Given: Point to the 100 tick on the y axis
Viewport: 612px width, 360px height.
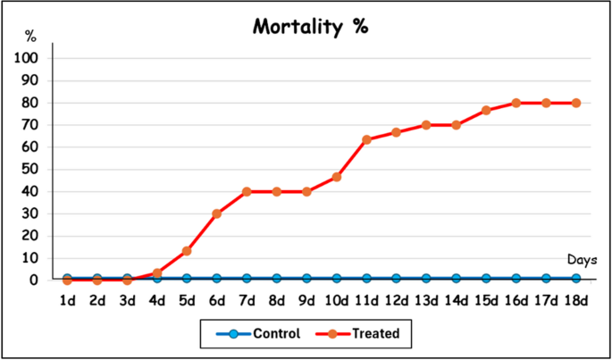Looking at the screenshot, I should coord(27,58).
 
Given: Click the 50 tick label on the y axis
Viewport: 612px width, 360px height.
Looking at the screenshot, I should coord(30,169).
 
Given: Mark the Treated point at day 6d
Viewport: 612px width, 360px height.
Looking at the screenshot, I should coord(216,213).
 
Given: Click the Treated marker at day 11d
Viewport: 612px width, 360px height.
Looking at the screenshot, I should coord(366,139).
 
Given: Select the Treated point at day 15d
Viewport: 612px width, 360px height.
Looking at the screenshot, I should coord(486,111).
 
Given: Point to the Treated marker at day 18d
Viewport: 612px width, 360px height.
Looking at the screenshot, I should coord(576,103).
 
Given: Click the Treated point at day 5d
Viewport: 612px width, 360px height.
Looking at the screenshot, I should coord(187,251).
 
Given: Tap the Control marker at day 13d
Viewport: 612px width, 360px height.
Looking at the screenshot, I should coord(426,279).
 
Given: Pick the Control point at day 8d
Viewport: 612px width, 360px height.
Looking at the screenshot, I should coord(276,279).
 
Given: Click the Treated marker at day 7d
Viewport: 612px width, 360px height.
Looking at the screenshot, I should coord(247,191).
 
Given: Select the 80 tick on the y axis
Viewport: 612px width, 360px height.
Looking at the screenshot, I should coord(30,103).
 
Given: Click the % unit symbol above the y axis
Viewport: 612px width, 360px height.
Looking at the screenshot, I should coord(30,37).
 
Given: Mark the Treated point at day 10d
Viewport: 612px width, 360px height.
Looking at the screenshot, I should coord(336,177).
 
